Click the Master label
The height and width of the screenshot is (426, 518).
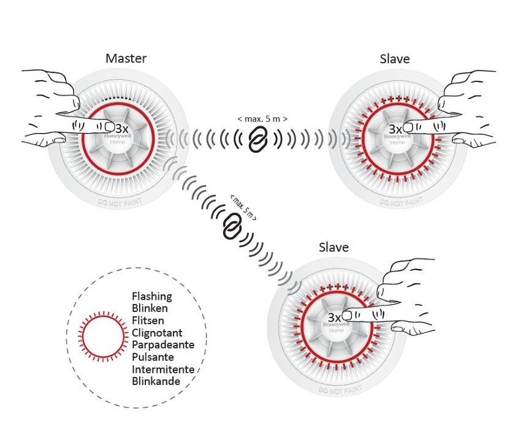pos(126,59)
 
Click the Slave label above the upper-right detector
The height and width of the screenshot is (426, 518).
pos(395,59)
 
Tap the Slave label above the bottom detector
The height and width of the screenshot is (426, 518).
pos(333,248)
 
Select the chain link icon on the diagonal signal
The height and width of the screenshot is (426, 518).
pos(232,226)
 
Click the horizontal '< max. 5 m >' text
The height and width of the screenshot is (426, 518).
pos(262,118)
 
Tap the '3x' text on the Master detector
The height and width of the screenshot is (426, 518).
pos(122,129)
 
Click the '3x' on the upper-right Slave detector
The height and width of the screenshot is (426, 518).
pos(395,129)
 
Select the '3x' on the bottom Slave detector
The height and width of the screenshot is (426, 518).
pos(334,318)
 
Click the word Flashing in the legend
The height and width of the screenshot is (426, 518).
pos(152,297)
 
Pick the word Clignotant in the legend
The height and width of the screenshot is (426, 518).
pos(157,333)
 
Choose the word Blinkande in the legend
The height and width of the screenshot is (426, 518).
pos(156,381)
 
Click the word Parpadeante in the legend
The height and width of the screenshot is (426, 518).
pos(163,345)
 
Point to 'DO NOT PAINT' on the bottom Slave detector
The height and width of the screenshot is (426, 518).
pos(337,390)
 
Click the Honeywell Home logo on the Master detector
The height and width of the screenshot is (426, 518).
pos(117,138)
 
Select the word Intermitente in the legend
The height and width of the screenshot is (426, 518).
pos(163,369)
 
